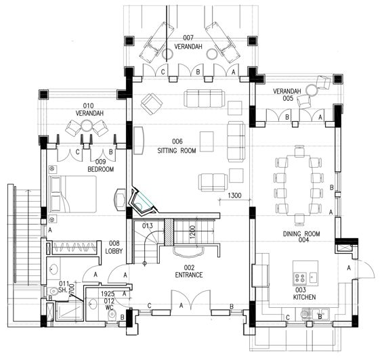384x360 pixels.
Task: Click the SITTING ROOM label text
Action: click(177, 151)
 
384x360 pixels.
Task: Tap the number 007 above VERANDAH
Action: click(188, 37)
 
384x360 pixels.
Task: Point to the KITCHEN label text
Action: click(303, 298)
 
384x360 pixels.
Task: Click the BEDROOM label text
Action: click(100, 170)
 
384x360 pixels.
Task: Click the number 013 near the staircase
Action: click(148, 225)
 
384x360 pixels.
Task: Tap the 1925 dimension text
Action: click(107, 294)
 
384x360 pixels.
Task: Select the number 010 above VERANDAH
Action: click(88, 106)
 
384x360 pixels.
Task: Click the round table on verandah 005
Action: click(311, 89)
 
